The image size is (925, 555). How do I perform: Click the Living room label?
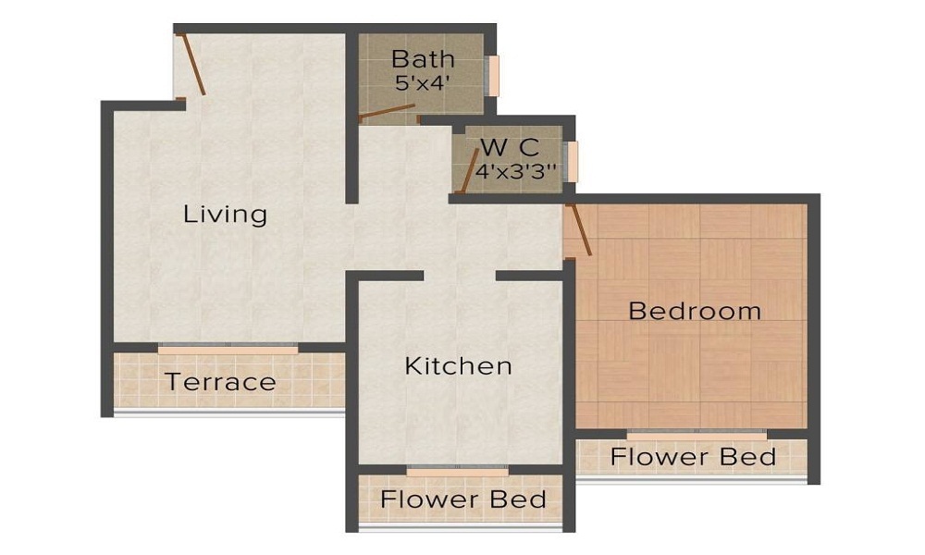[x=225, y=215]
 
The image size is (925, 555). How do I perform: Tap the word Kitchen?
[x=458, y=365]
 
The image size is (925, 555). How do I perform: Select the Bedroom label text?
[x=695, y=311]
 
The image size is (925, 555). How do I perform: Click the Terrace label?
[x=220, y=381]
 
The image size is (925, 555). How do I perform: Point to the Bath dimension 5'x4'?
[x=423, y=81]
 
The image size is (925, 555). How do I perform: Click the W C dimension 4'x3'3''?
[x=516, y=171]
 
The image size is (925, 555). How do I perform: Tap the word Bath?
[x=423, y=59]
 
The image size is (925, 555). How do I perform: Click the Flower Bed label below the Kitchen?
[x=463, y=500]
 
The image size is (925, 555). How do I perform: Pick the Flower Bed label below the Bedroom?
[x=693, y=457]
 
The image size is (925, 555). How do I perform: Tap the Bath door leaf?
[x=387, y=114]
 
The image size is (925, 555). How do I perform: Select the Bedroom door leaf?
[x=580, y=229]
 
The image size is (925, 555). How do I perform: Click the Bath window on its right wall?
[x=494, y=75]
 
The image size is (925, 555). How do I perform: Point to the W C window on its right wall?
[x=573, y=162]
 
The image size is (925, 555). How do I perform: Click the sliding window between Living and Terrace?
[x=228, y=349]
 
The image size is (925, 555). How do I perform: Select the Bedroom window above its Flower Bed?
[x=696, y=433]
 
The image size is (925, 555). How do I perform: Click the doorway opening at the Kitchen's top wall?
[x=460, y=276]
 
